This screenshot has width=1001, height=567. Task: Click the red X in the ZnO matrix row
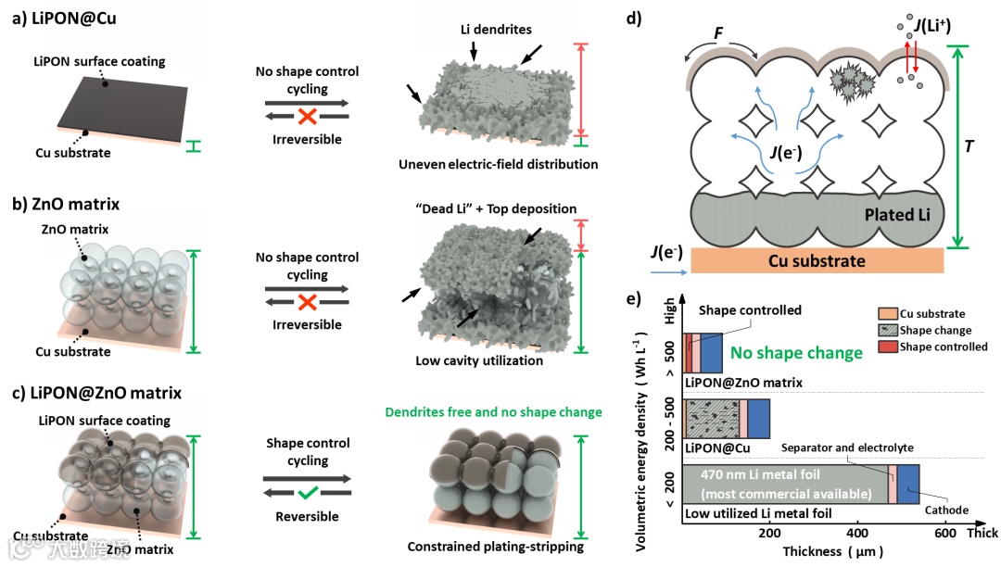(306, 301)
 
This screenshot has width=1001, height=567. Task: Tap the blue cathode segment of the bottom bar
(907, 483)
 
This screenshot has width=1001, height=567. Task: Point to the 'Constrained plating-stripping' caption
(495, 547)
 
